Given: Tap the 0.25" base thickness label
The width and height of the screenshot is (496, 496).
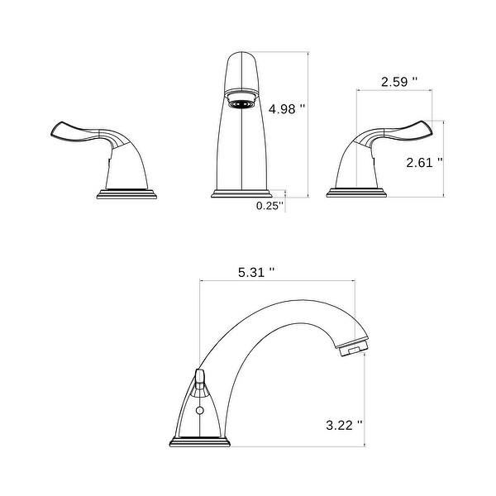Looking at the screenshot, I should click(x=269, y=204).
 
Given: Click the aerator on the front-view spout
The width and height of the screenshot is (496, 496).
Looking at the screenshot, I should click(x=241, y=103).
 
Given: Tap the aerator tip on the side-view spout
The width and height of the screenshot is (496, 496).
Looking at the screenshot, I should click(x=352, y=350).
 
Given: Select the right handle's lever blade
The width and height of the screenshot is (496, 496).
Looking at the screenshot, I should click(x=413, y=129).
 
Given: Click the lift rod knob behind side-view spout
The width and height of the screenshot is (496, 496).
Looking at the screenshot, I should click(x=199, y=379).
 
